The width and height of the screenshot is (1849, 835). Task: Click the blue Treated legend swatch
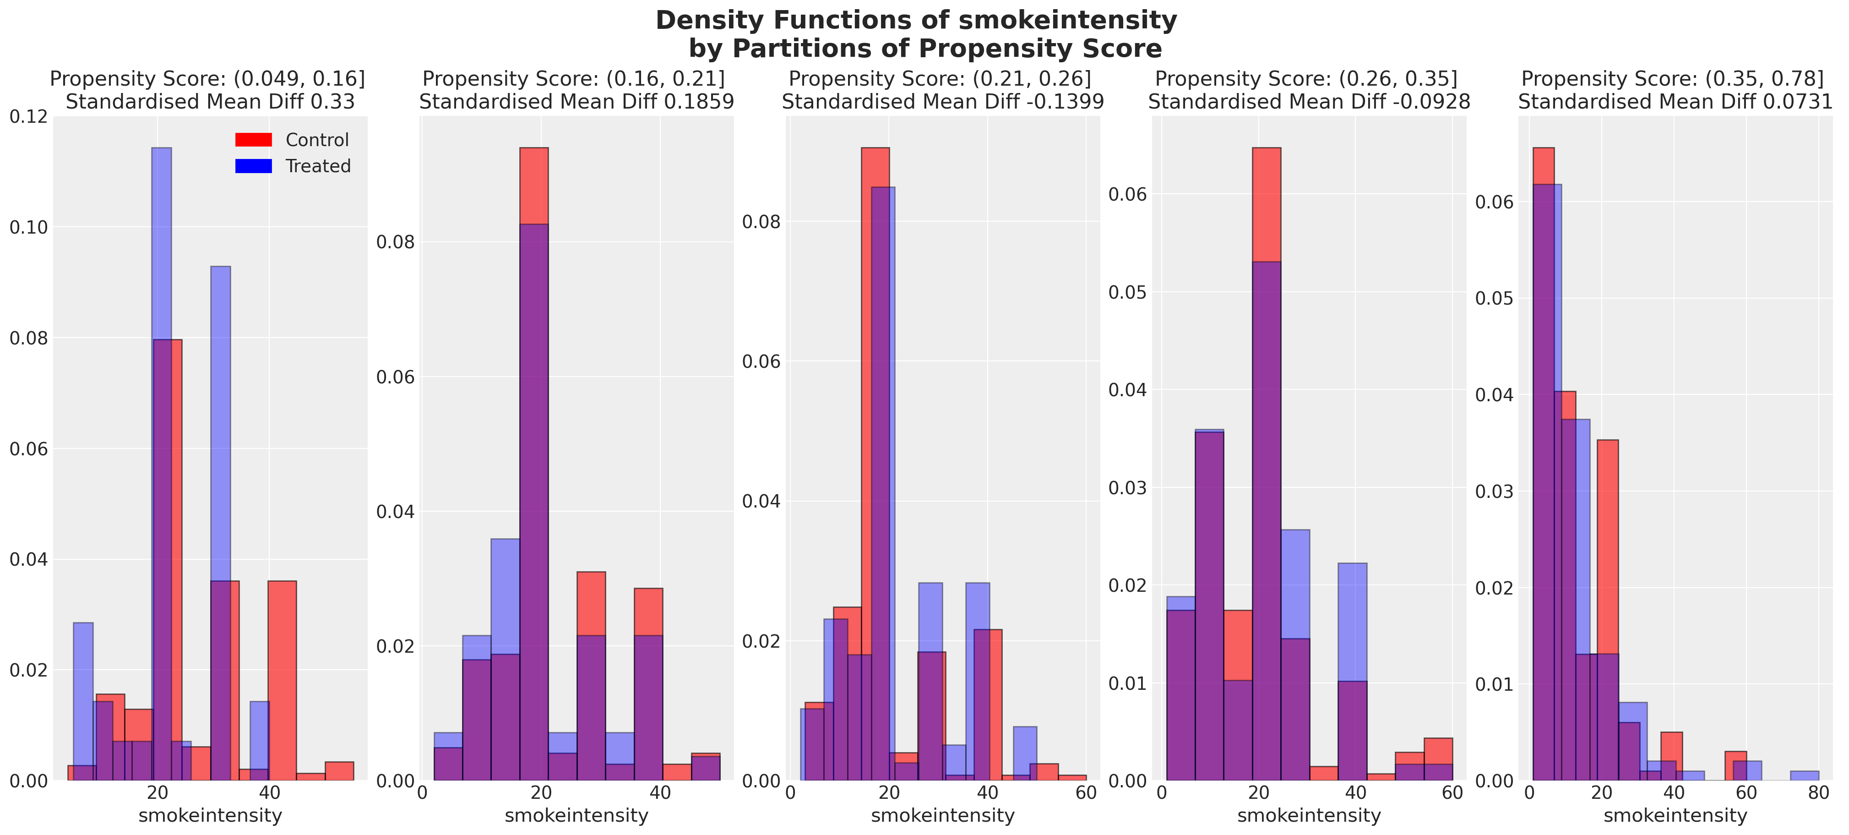tap(253, 166)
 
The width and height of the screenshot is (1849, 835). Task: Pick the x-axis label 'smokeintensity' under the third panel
tap(942, 816)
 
